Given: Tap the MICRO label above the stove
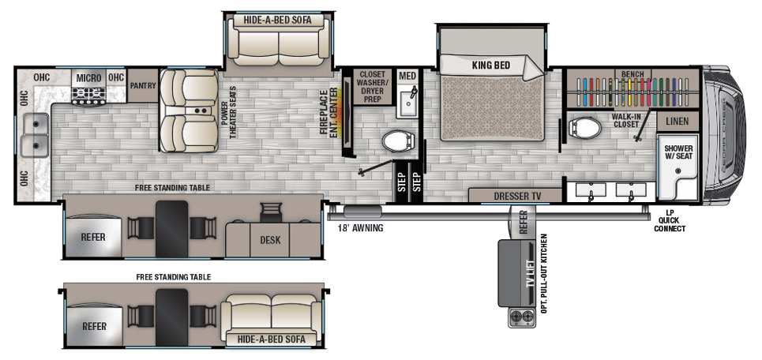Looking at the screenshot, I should (x=88, y=77).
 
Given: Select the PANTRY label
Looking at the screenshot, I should (x=143, y=85).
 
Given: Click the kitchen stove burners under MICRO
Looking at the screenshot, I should (x=88, y=96).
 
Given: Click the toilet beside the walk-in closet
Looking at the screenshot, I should (x=585, y=127).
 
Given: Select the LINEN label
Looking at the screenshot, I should (x=678, y=122).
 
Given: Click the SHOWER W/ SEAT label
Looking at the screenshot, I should (x=679, y=152).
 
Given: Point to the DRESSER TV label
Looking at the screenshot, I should (x=515, y=194).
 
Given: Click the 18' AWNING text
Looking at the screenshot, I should (x=360, y=228).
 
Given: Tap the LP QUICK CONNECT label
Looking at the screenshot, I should (x=670, y=221).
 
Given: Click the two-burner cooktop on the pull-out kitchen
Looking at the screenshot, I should (x=521, y=317).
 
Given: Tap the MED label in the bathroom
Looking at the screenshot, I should (x=407, y=76).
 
